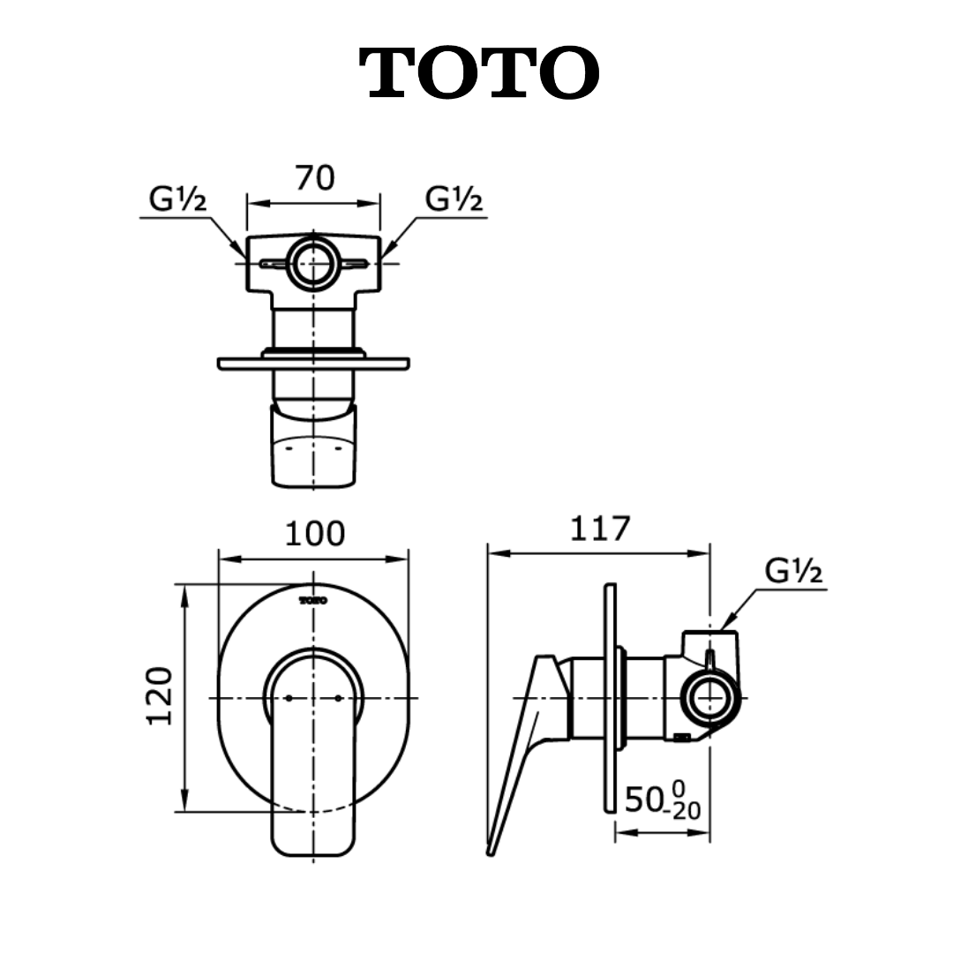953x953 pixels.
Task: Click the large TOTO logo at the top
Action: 479,73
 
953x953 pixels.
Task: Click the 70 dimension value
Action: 315,178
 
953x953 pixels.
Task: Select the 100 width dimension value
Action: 315,534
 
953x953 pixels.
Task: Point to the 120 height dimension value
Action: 160,696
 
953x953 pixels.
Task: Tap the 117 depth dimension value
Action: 599,529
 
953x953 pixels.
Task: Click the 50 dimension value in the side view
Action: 643,799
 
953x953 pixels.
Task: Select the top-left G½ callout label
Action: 177,199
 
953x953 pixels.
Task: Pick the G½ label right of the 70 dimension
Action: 454,199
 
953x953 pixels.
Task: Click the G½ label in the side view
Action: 794,571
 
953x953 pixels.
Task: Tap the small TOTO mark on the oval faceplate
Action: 313,601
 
